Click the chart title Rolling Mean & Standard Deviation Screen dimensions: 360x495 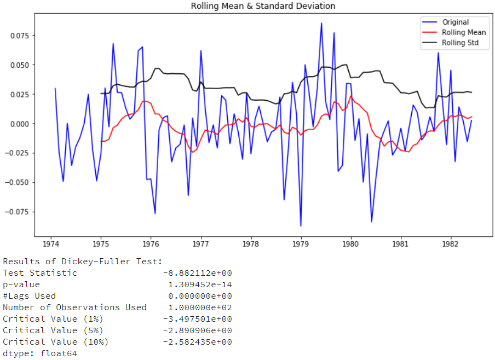263,6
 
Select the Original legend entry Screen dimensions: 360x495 455,22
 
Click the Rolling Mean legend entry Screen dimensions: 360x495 463,33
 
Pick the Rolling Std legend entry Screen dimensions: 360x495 461,43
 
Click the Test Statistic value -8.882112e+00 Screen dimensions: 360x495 197,273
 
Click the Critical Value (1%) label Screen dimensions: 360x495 53,319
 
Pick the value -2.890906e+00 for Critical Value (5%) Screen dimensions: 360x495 197,330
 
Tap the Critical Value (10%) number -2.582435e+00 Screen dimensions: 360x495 197,342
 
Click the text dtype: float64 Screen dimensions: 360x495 40,353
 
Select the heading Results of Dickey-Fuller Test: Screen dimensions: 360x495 83,262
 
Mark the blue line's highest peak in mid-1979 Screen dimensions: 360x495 321,23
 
